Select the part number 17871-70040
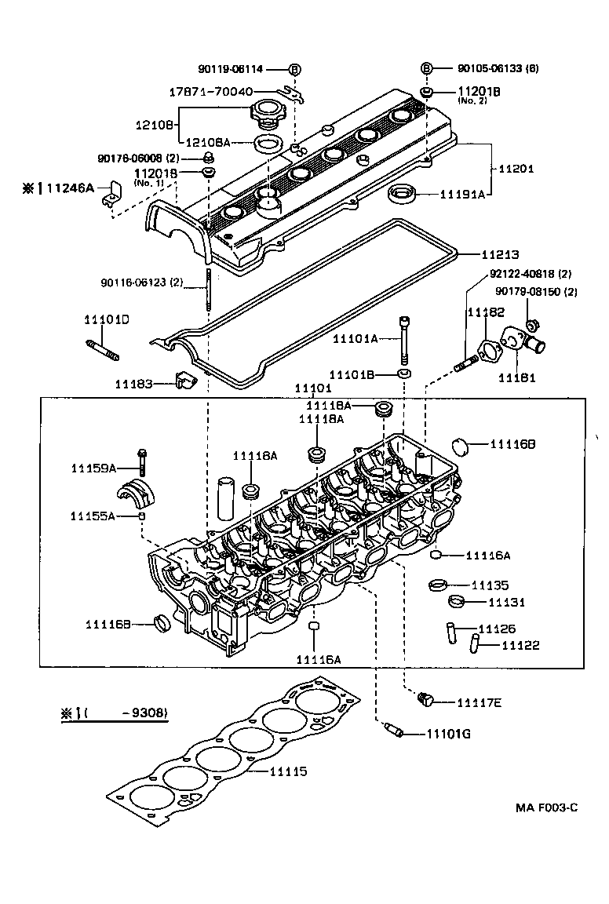click(x=211, y=92)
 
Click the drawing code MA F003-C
click(x=547, y=807)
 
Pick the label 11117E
click(x=479, y=702)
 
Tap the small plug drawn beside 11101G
click(x=392, y=731)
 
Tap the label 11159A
click(x=93, y=468)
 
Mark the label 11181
click(x=517, y=377)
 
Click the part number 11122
click(x=520, y=646)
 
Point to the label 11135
click(x=490, y=585)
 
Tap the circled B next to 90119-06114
click(x=294, y=69)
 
